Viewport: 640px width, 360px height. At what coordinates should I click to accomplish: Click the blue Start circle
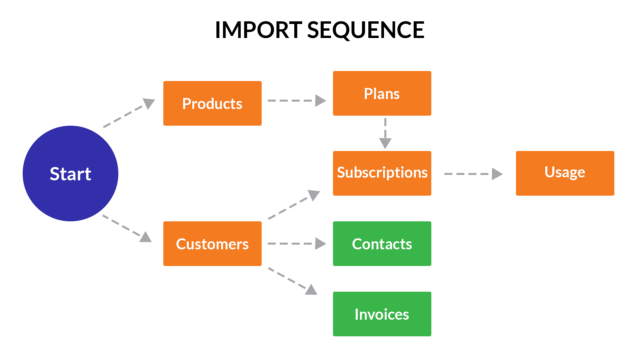tap(70, 173)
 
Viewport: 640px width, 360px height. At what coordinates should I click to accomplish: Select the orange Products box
tap(212, 103)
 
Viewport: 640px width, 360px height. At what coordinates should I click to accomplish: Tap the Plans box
tap(382, 93)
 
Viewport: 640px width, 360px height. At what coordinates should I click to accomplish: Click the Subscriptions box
tap(382, 173)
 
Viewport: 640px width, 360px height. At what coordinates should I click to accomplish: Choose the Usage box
tap(565, 173)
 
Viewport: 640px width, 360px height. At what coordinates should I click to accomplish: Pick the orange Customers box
tap(212, 244)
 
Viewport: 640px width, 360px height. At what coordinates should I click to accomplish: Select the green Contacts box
tap(382, 244)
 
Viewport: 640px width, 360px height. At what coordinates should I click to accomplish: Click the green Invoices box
tap(382, 314)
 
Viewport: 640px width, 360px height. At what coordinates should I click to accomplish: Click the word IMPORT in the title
tap(258, 30)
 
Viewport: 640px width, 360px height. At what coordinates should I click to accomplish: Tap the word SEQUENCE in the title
tap(366, 30)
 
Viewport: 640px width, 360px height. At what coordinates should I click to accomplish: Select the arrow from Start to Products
tap(128, 113)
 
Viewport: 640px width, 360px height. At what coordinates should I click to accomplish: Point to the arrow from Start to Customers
tap(127, 228)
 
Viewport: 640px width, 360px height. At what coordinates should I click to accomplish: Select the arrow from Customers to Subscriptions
tap(293, 205)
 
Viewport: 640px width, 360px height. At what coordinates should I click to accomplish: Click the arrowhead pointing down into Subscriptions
tap(385, 143)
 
